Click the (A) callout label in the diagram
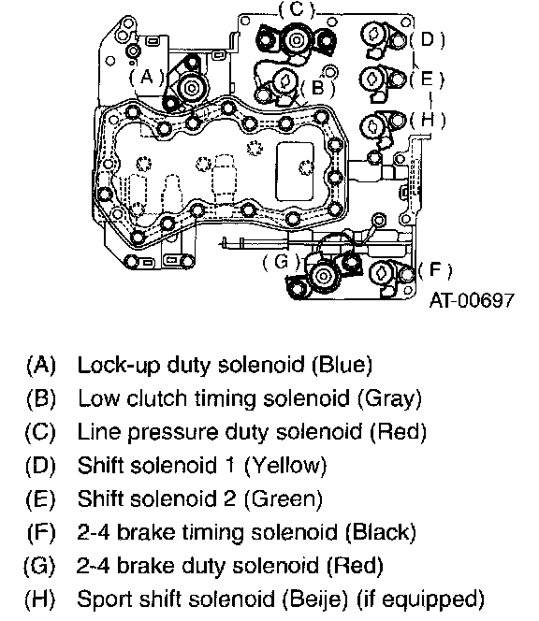[146, 77]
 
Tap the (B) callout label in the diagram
[318, 88]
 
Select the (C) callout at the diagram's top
[297, 9]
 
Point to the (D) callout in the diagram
[428, 39]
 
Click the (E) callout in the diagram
[427, 79]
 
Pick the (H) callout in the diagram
[428, 120]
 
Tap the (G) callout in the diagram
[282, 262]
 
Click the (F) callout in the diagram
[435, 270]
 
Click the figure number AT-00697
[472, 300]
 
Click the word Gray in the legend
[390, 398]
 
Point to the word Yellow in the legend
[286, 465]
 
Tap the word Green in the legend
[284, 498]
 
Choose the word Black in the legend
[381, 532]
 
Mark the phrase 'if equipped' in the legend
[421, 599]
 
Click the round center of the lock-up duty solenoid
[192, 88]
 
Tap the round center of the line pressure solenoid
[296, 39]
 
